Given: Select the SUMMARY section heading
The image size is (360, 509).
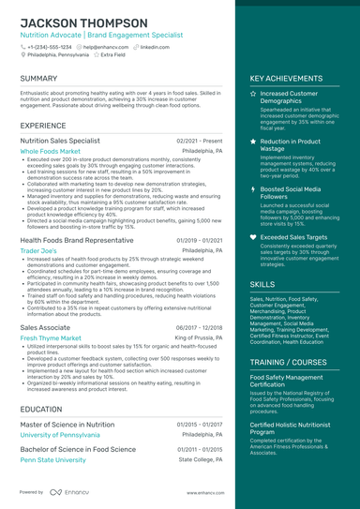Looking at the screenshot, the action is (38, 78).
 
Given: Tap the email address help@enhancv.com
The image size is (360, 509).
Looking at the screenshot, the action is (107, 46).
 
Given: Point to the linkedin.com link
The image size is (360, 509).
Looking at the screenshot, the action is (155, 46).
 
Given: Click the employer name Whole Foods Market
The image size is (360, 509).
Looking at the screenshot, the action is (52, 151).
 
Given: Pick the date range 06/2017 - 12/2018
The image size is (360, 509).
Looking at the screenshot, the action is (199, 327).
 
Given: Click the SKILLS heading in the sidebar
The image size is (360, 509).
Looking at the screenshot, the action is (262, 284).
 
